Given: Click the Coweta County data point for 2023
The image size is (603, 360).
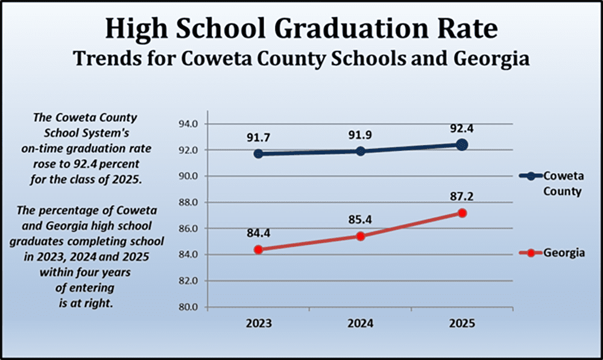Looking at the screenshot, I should pos(258,154).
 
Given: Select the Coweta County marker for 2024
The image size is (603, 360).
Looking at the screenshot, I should pos(360,151).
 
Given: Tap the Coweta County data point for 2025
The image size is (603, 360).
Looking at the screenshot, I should pos(462,145).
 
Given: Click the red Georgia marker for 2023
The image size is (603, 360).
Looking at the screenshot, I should pos(258,249).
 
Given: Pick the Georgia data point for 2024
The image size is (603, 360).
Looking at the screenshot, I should pos(360,236).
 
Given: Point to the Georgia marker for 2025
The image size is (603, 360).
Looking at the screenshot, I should pos(462,213).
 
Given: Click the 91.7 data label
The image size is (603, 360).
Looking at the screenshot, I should pos(258,138).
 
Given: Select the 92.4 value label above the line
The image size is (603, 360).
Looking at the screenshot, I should pos(462,128).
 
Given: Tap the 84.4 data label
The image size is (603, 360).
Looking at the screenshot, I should pos(258,232).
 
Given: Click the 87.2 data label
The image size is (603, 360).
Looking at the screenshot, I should pos(462,196).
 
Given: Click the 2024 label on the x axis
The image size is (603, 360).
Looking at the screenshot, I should pos(360,323).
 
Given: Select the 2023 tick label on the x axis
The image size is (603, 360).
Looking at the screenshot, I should pos(258,323).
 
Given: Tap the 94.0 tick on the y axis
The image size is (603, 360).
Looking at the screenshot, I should pos(189,124).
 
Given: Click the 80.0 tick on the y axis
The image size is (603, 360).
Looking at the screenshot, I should pos(189,307).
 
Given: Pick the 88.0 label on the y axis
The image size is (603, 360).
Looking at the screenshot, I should pos(189,203).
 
